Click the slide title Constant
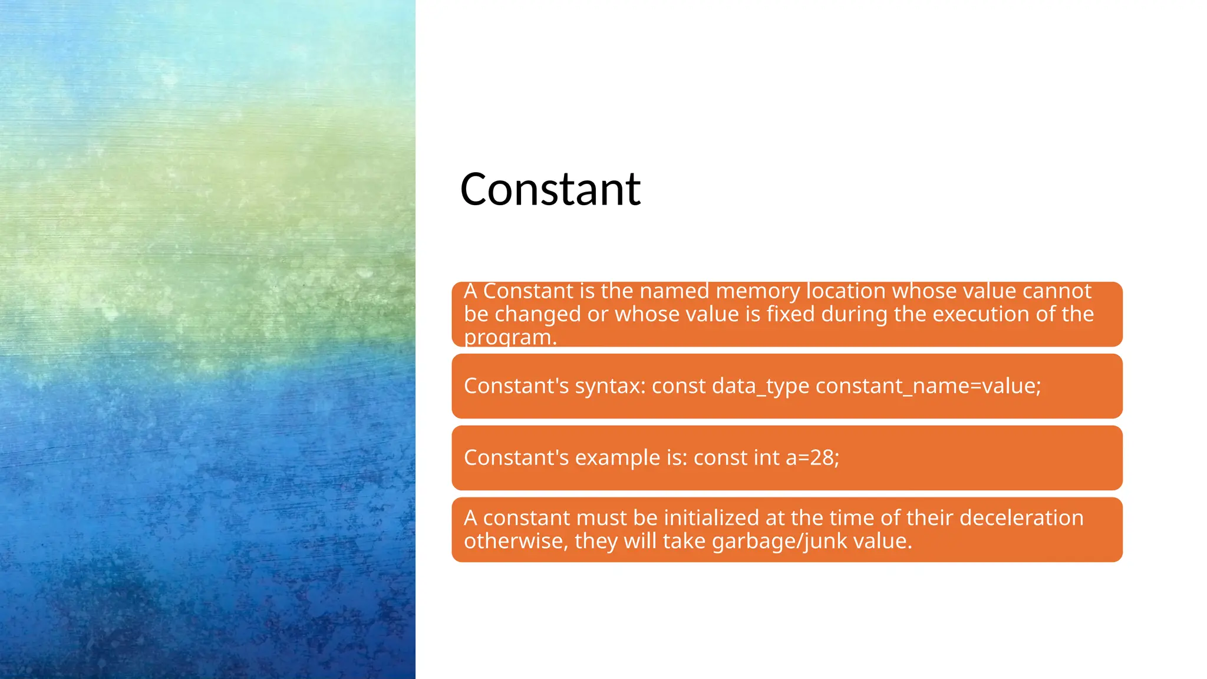point(550,189)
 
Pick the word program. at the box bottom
point(510,338)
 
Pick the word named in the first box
point(674,291)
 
